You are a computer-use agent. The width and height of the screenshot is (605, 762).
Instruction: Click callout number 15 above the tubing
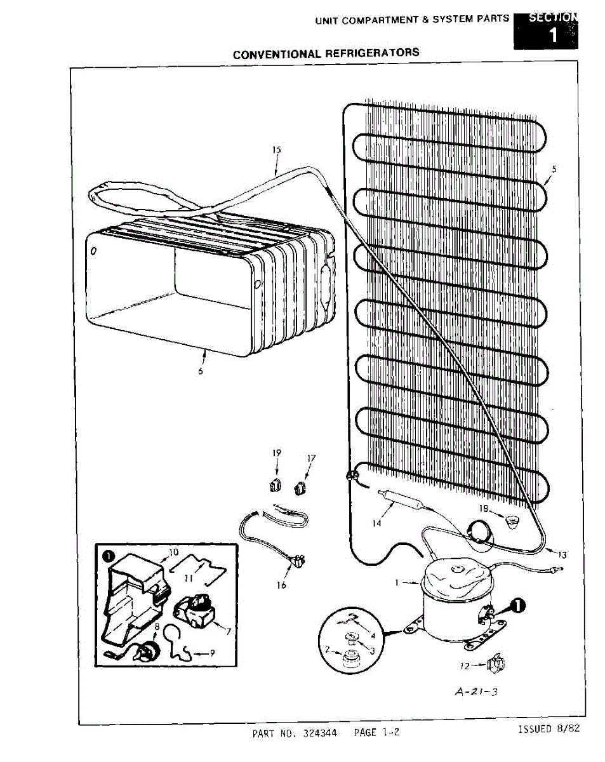pos(276,150)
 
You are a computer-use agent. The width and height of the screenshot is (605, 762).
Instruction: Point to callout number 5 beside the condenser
pos(554,169)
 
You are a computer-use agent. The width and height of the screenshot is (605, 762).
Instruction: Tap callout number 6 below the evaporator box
pos(201,371)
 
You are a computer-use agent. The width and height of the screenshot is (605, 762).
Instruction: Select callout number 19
pos(277,453)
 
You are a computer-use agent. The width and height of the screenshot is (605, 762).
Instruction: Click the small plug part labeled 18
pos(510,522)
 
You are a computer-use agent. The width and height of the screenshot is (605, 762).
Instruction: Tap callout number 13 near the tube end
pos(562,554)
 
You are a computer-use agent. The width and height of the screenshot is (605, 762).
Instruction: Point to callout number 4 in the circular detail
pos(373,634)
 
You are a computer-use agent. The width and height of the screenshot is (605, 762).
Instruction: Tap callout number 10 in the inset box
pos(174,552)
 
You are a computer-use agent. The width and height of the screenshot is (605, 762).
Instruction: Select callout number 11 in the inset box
pos(189,578)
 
